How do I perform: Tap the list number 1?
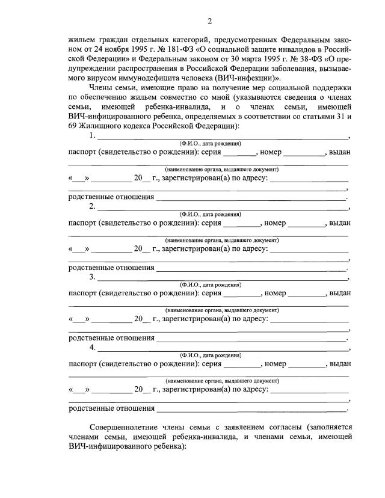[92, 137]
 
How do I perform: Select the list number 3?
[92, 278]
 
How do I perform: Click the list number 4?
[92, 348]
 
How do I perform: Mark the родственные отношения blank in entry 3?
[251, 339]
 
